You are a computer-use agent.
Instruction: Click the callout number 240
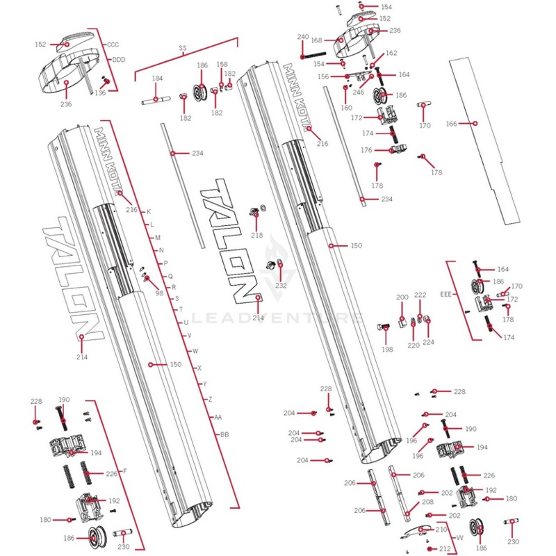coord(303,37)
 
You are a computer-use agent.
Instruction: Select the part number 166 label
coord(452,123)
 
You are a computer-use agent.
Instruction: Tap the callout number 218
coord(257,236)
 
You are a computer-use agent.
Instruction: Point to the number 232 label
coord(281,285)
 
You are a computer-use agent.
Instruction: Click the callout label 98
coord(159,293)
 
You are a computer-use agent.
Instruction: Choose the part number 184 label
coord(157,79)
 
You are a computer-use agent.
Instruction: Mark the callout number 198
coord(387,349)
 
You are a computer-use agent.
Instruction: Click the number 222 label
coord(420,295)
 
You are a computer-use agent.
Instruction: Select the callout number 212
coord(445,548)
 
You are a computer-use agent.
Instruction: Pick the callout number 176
coord(366,150)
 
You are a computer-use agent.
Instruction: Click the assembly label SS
coord(183,48)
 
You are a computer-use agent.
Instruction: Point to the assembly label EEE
coord(445,295)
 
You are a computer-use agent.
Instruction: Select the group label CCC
coord(113,44)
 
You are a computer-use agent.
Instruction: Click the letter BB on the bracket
coord(224,434)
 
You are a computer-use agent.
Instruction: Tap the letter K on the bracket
coord(148,211)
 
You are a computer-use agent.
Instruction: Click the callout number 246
coord(359,92)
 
